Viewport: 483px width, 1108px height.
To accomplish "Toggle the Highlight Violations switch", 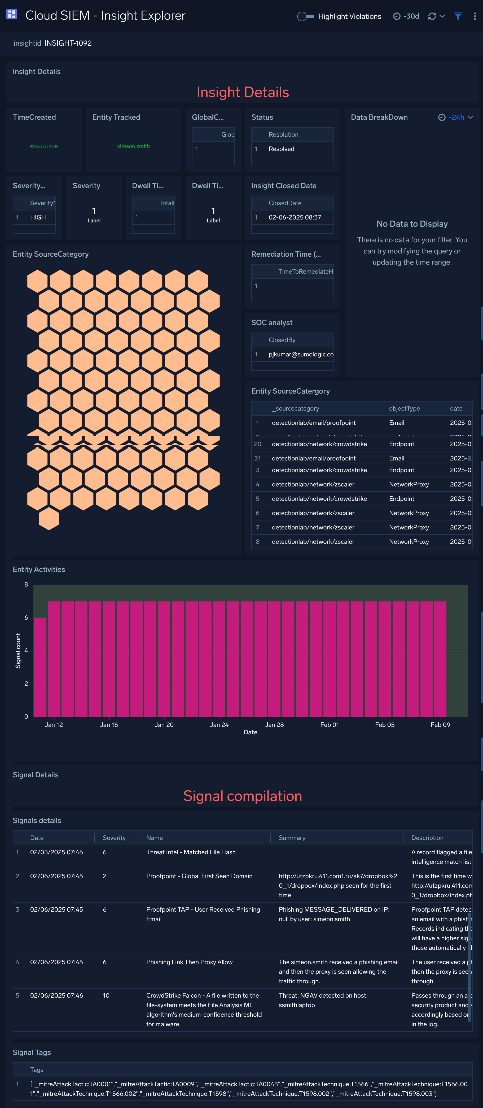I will tap(306, 16).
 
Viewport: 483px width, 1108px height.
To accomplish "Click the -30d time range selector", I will tap(406, 16).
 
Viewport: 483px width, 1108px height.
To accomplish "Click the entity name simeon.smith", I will tap(133, 146).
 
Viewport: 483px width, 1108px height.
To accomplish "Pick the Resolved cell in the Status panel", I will tap(282, 149).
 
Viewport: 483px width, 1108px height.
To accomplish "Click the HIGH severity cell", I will tap(38, 217).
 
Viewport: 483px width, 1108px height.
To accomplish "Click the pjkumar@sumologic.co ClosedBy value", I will tap(301, 354).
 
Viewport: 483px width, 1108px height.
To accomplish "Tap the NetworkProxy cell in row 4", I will tap(409, 484).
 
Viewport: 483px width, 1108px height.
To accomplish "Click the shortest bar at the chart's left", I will tap(40, 667).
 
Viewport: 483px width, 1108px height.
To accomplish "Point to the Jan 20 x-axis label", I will tap(164, 725).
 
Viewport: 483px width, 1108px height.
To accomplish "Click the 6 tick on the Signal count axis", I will tap(26, 618).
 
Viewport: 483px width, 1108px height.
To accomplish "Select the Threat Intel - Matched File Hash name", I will tap(191, 852).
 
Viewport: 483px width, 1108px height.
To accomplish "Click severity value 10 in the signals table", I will tap(106, 995).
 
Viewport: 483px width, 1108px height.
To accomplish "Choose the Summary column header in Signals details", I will tap(292, 838).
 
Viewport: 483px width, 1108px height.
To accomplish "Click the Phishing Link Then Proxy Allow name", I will tap(189, 962).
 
